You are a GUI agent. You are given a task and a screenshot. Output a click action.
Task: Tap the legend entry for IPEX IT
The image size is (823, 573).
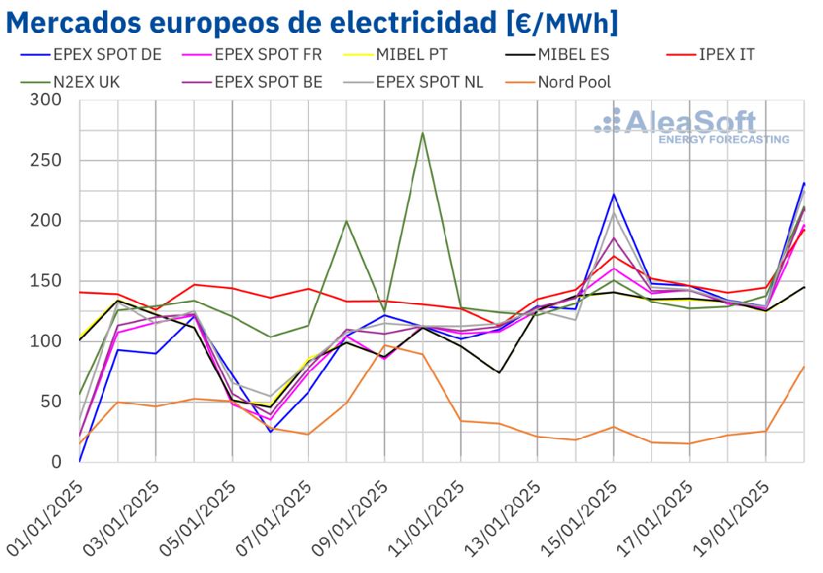tap(725, 55)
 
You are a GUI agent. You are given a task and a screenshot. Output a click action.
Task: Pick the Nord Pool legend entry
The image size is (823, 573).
tap(574, 82)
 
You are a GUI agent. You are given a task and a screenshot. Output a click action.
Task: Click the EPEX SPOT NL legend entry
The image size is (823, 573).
tap(430, 82)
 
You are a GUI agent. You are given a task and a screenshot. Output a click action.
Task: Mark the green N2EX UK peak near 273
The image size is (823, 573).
tap(422, 133)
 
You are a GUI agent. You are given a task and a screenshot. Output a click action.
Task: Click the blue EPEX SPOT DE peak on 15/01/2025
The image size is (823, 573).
tap(613, 194)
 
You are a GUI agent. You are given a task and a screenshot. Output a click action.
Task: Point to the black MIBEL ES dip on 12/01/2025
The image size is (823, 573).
tap(499, 373)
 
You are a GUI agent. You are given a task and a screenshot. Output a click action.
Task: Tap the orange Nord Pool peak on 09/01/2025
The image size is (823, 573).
tap(384, 345)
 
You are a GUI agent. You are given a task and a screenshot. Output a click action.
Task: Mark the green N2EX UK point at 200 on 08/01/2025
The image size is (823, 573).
tap(346, 221)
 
